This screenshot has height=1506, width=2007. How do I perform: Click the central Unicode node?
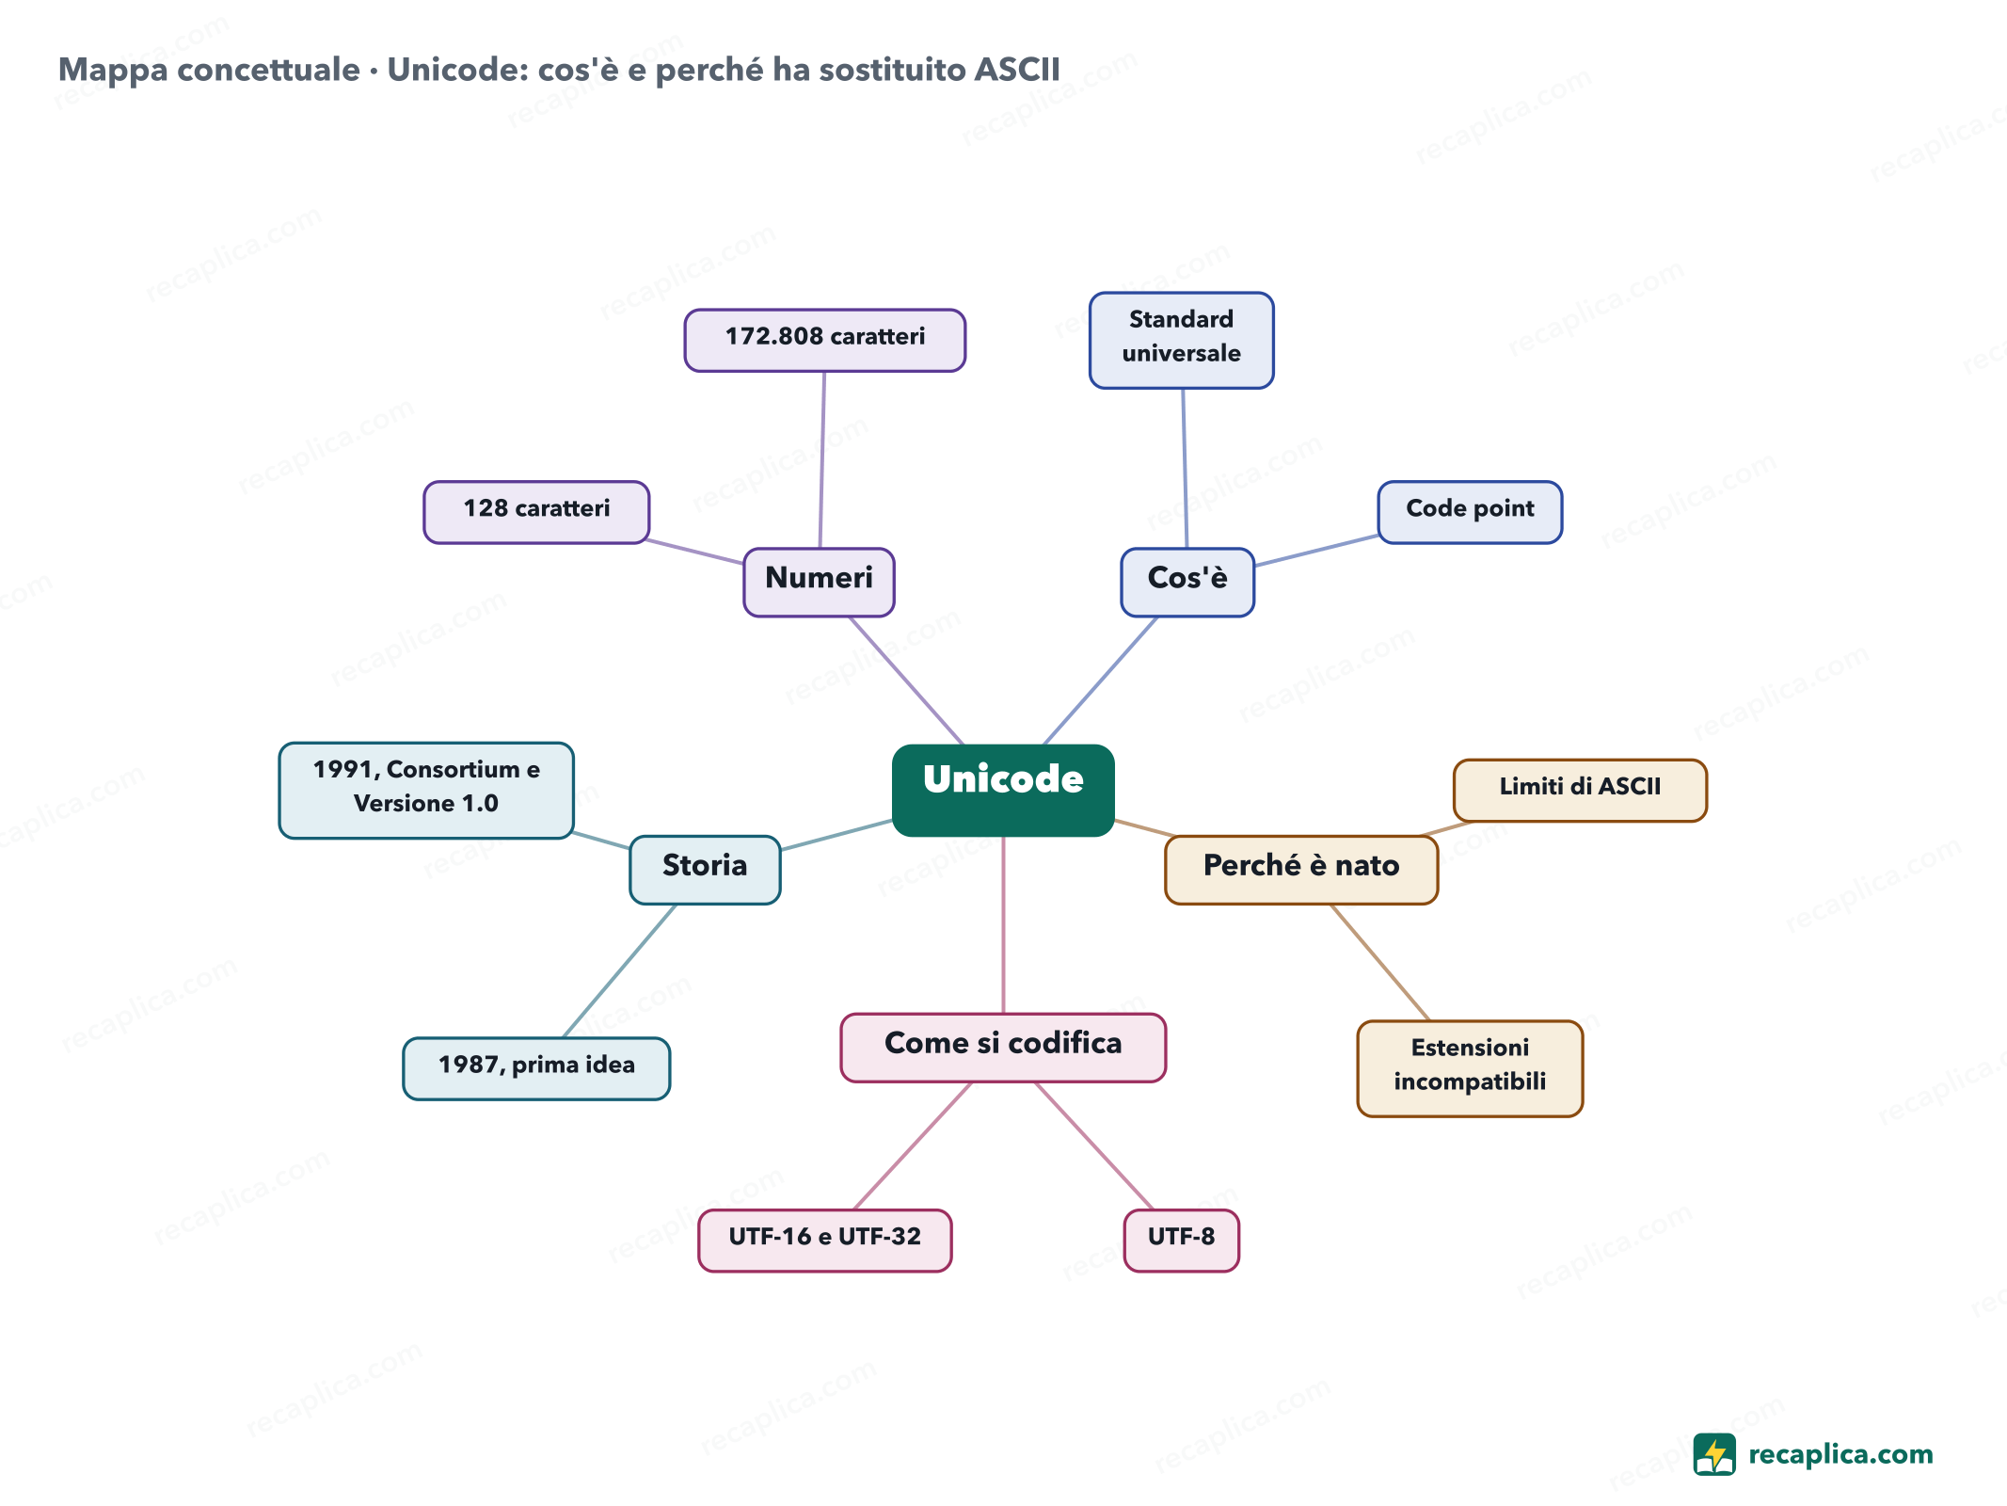coord(1003,790)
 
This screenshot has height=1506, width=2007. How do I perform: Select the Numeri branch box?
coord(819,582)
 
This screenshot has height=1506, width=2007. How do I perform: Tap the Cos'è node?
coord(1187,582)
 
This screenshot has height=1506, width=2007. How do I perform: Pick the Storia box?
coord(705,870)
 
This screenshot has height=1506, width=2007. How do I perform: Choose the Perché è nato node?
coord(1301,870)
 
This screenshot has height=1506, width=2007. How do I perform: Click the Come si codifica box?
coord(1003,1048)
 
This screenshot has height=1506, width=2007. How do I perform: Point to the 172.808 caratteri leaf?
coord(825,340)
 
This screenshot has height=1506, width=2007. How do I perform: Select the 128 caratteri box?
coord(536,512)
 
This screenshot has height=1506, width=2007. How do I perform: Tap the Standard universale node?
coord(1182,340)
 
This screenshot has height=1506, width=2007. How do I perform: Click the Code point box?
coord(1470,512)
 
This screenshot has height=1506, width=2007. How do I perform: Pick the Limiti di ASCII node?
coord(1580,790)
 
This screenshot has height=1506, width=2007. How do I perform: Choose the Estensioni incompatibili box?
coord(1470,1068)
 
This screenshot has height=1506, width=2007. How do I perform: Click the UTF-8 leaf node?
coord(1182,1241)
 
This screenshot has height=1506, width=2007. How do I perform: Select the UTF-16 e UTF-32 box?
coord(825,1241)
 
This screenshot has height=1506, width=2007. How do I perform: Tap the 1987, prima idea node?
coord(536,1068)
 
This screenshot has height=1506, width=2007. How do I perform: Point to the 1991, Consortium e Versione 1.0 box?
coord(426,790)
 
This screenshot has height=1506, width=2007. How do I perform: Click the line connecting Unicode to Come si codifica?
coord(1003,924)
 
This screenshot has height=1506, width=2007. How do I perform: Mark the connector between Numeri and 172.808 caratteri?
coord(822,459)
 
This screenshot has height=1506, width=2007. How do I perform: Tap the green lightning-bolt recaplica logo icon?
coord(1714,1454)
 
